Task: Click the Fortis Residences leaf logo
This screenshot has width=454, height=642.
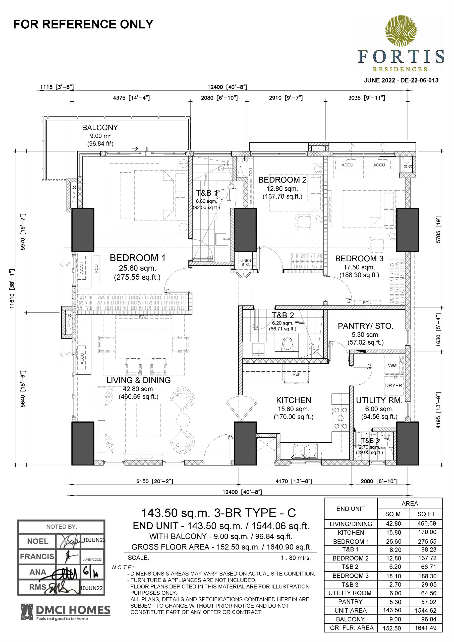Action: pyautogui.click(x=401, y=31)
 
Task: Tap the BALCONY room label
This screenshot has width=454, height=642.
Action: pyautogui.click(x=100, y=127)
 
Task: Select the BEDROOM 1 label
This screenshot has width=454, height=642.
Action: pyautogui.click(x=137, y=258)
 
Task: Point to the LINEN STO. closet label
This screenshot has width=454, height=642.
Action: pyautogui.click(x=246, y=262)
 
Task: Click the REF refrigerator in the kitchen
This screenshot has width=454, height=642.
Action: pyautogui.click(x=296, y=374)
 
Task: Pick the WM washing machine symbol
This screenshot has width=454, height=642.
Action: pyautogui.click(x=392, y=365)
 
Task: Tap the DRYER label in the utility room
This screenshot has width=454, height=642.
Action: pyautogui.click(x=393, y=385)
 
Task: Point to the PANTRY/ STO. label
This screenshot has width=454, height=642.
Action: pyautogui.click(x=366, y=326)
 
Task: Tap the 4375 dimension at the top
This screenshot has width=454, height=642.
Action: pyautogui.click(x=131, y=98)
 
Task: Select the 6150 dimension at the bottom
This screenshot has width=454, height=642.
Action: pyautogui.click(x=154, y=481)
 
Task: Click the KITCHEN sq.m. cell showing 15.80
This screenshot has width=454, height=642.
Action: pyautogui.click(x=393, y=532)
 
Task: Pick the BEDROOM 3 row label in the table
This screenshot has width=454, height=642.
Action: pyautogui.click(x=351, y=576)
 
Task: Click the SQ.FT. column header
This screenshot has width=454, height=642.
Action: pyautogui.click(x=427, y=514)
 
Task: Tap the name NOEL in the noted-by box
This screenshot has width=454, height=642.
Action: pyautogui.click(x=38, y=541)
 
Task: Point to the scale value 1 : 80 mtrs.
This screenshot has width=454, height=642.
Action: pyautogui.click(x=296, y=558)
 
